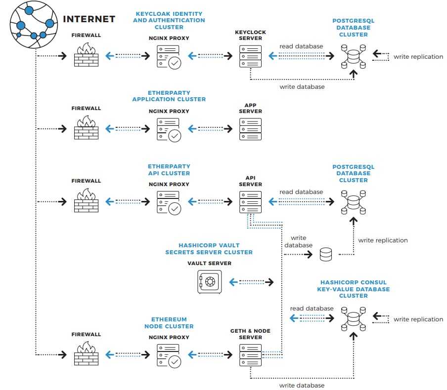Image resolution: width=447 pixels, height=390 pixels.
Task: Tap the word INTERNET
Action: [x=89, y=19]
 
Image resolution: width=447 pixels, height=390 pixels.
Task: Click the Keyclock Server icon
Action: [x=250, y=56]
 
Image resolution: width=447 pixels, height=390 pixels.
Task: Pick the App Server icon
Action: [x=250, y=129]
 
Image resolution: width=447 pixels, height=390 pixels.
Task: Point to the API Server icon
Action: [x=250, y=201]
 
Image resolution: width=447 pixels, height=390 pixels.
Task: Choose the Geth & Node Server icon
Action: [x=250, y=354]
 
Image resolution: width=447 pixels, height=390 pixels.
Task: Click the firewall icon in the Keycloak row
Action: [x=86, y=55]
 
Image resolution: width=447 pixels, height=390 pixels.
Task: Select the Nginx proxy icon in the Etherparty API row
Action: [x=169, y=201]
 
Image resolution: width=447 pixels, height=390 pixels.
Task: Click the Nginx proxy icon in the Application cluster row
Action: [x=169, y=129]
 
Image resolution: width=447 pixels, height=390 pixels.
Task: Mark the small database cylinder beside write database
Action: [x=326, y=254]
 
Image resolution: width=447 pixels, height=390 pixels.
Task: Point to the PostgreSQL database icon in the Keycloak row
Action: [x=353, y=56]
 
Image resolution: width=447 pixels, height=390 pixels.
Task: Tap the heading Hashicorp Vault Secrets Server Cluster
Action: [x=209, y=249]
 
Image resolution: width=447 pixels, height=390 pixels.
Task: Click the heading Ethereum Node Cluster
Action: [x=169, y=323]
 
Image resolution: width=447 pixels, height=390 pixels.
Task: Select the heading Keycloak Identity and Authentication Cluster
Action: [x=169, y=20]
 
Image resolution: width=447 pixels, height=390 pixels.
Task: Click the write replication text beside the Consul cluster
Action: [x=418, y=319]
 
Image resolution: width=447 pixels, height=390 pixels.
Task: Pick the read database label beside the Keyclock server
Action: [x=301, y=46]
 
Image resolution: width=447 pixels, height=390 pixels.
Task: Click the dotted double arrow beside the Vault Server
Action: [x=252, y=282]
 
